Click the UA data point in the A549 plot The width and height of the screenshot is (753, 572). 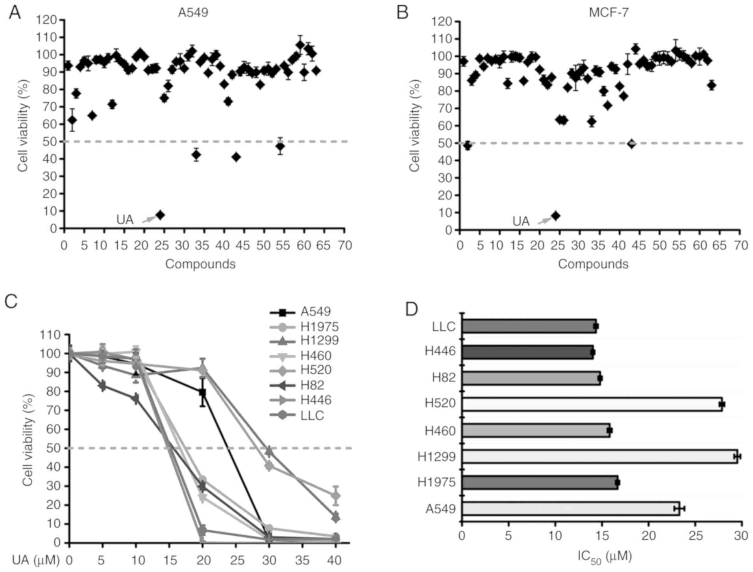[160, 215]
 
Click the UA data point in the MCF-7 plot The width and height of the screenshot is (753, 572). [555, 216]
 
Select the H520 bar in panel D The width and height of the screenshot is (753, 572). [592, 404]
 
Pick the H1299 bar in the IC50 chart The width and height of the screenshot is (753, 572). [599, 456]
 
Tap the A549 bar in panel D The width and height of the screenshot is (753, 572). [570, 509]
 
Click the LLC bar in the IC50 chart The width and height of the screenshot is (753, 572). [529, 326]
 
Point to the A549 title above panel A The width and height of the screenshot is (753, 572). [193, 13]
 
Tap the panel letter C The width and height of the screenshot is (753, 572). [11, 302]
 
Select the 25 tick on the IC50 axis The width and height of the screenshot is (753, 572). [695, 536]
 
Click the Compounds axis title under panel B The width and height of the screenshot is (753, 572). [593, 264]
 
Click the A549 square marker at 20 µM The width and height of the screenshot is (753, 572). [202, 392]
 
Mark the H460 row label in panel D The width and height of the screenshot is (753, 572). [440, 431]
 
